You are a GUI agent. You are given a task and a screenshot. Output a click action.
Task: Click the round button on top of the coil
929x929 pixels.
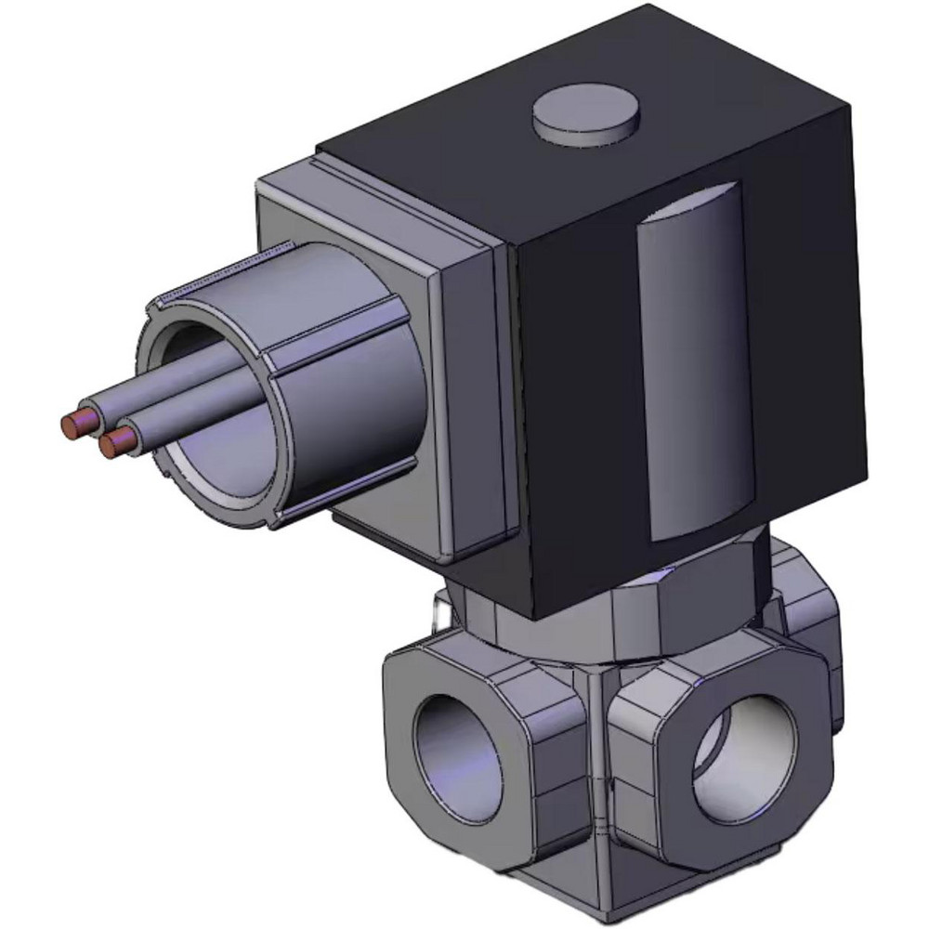click(x=586, y=121)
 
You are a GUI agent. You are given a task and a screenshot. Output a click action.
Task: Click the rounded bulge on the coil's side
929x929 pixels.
click(x=692, y=362)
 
